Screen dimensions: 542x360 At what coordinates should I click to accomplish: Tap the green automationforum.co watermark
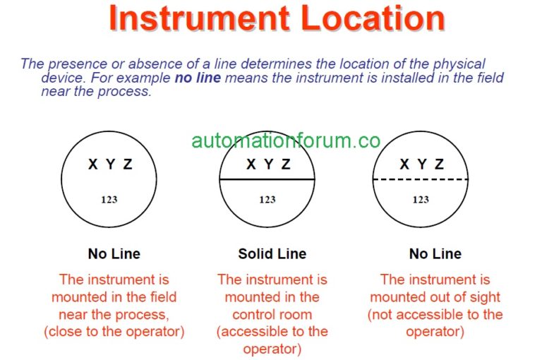(286, 140)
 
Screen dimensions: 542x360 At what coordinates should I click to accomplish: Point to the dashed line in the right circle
(421, 180)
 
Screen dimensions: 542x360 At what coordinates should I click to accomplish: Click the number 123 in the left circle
(109, 200)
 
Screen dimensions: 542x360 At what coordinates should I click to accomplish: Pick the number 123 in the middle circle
(267, 200)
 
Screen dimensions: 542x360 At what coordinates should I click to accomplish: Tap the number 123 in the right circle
(421, 200)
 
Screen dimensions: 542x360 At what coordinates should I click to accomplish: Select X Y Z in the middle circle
(267, 165)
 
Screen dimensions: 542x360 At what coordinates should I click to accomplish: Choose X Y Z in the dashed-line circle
(421, 165)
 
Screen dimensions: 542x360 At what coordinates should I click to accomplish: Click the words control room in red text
(272, 314)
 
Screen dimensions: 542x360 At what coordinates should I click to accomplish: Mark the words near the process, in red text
(114, 314)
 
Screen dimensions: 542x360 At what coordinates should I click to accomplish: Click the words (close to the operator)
(114, 331)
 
